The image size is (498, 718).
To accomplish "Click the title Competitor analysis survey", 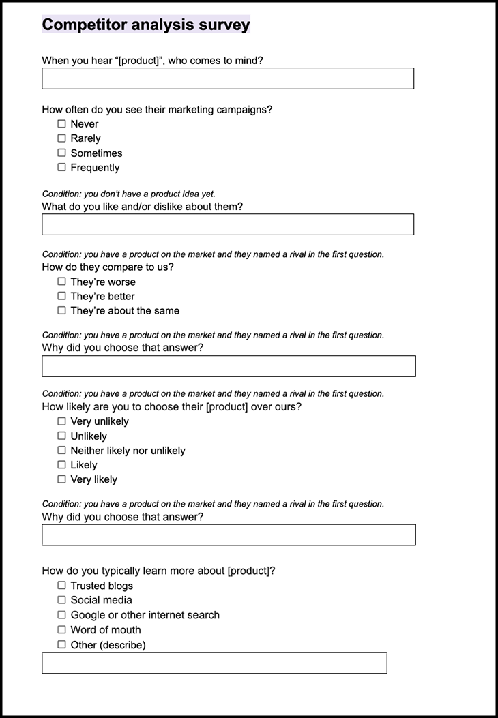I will pos(145,25).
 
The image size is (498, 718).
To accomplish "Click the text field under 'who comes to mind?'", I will pos(227,78).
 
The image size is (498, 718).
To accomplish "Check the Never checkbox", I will pos(62,124).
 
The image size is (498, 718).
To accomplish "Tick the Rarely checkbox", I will pos(62,138).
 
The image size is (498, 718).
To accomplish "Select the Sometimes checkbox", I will pos(62,153).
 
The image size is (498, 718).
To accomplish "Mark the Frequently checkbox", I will pos(62,167).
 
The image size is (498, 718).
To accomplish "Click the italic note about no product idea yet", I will pos(129,194).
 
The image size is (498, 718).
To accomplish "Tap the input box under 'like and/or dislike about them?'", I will pos(227,224).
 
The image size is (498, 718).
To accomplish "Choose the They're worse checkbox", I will pos(62,282).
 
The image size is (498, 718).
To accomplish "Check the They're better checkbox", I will pos(62,296).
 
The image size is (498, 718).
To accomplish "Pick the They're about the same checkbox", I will pos(62,310).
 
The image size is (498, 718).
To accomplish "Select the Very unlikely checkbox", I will pos(62,421).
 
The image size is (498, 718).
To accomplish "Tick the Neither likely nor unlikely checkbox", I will pos(62,451).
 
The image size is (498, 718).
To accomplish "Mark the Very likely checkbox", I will pos(62,479).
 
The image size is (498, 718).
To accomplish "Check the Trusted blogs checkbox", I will pos(62,586).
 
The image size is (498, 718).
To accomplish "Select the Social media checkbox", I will pos(62,600).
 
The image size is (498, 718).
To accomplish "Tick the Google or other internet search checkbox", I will pos(62,615).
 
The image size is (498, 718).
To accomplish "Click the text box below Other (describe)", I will pos(214,663).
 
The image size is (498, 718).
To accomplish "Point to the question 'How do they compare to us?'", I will pos(108,267).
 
